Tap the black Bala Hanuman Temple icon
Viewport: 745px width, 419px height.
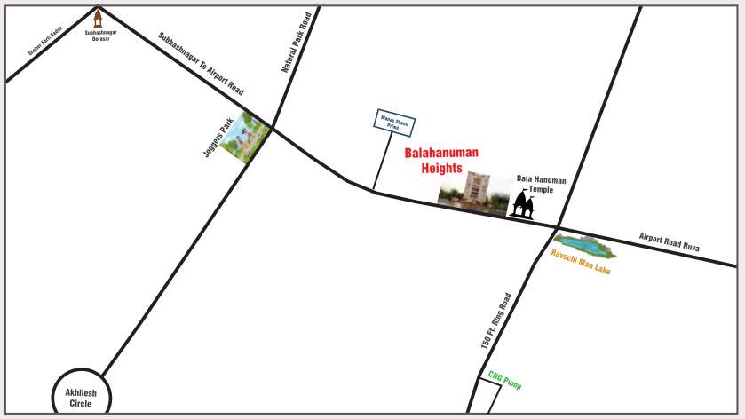[x=522, y=205]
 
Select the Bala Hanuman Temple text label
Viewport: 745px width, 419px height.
[x=541, y=185]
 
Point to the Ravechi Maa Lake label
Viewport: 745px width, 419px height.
[x=581, y=261]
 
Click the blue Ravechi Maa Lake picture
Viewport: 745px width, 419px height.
[x=584, y=245]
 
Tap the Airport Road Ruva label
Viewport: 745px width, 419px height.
[x=670, y=242]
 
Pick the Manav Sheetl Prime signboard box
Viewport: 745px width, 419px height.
[x=392, y=123]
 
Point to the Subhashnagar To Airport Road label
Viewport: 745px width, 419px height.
[x=201, y=64]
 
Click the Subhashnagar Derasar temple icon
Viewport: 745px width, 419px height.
[x=99, y=18]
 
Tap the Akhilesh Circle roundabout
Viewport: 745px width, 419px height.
[x=80, y=393]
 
